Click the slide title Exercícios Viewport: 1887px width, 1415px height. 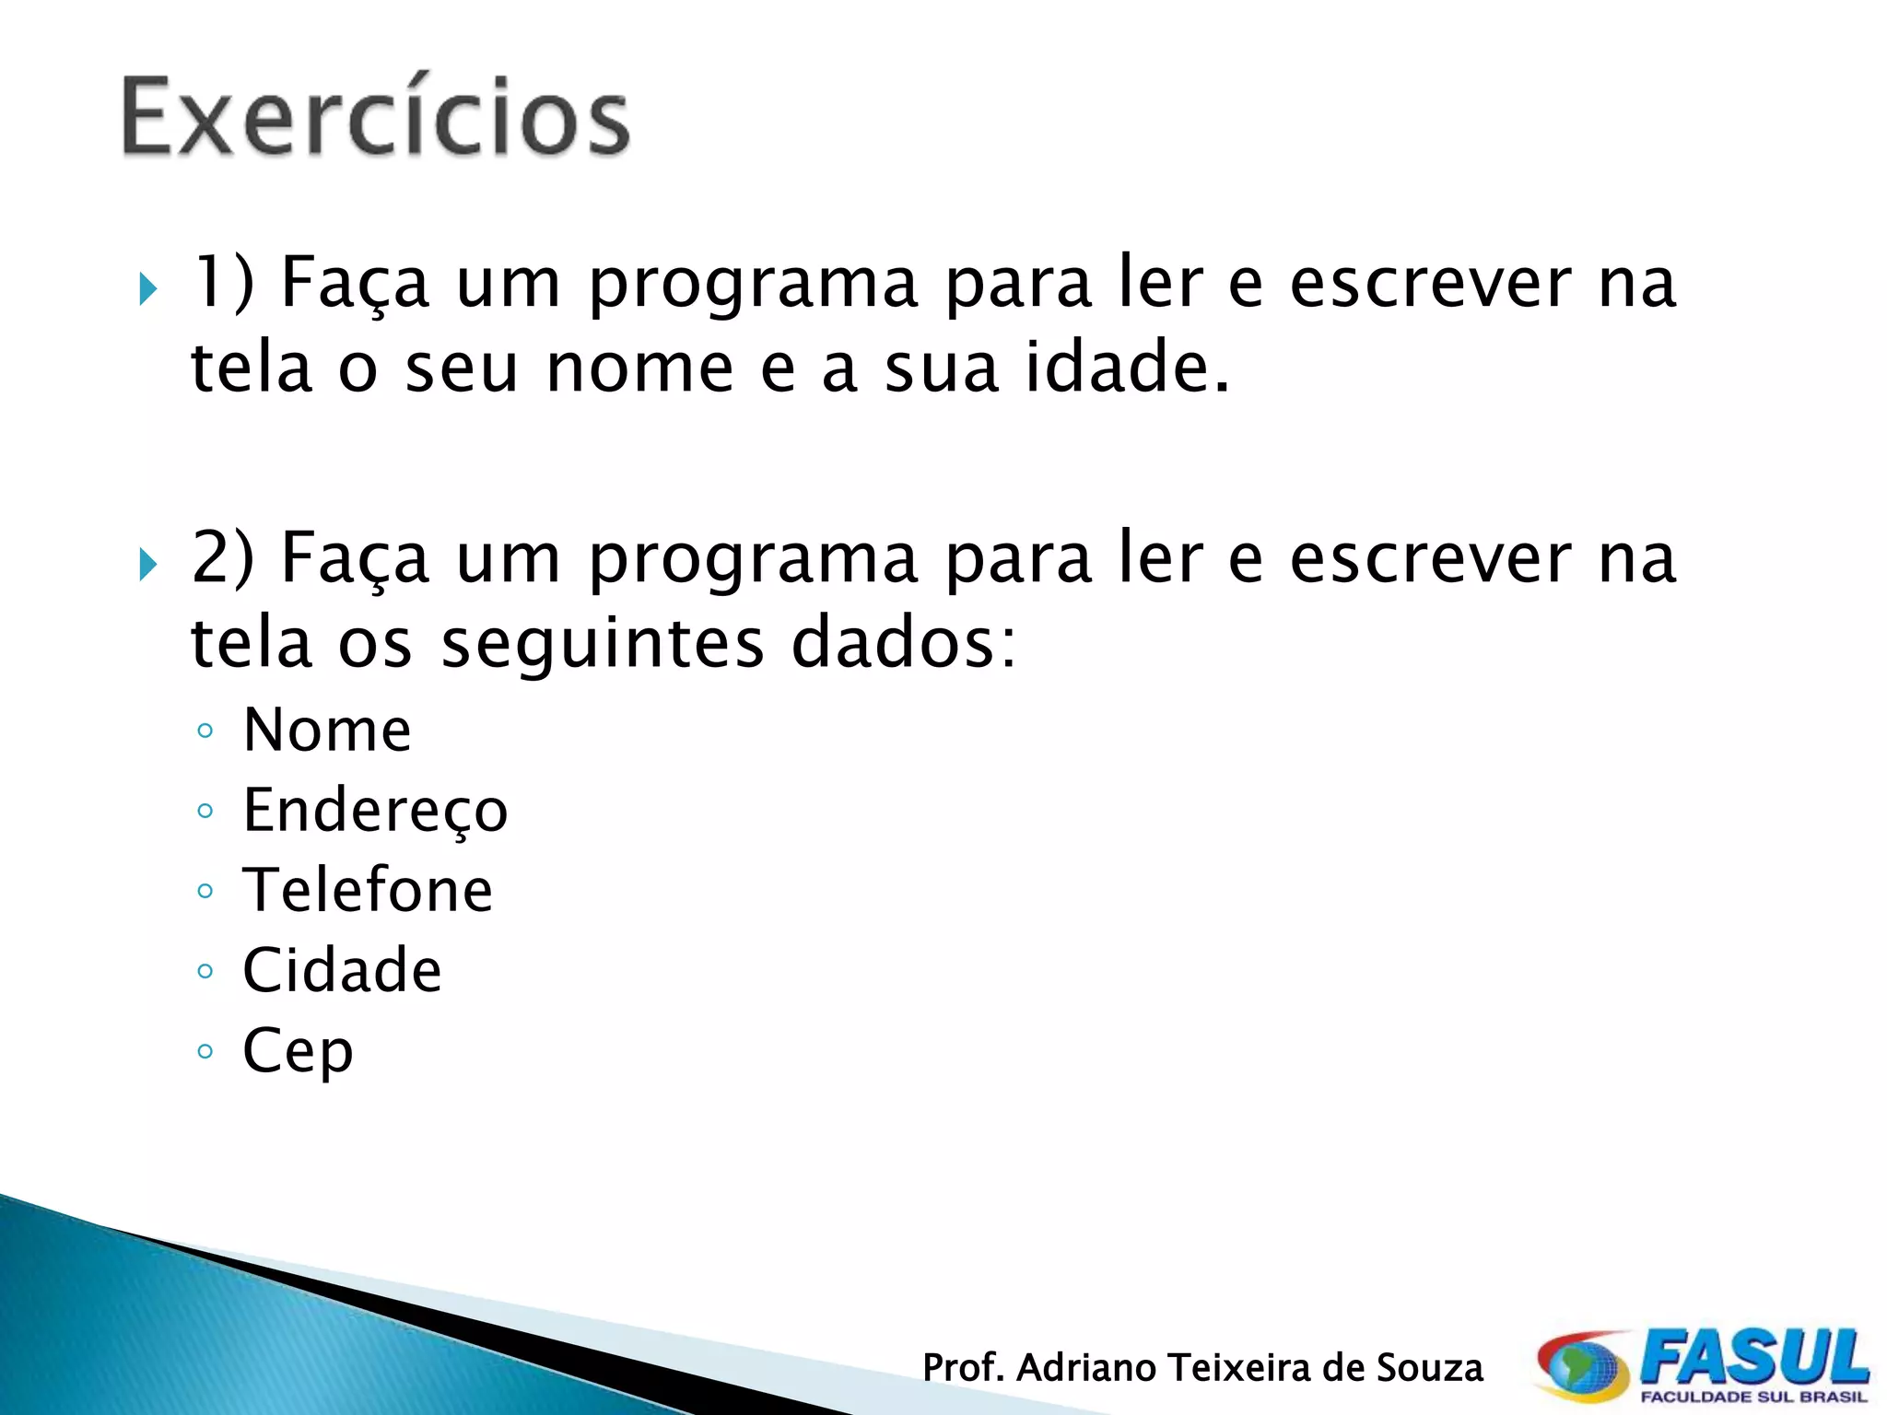(376, 118)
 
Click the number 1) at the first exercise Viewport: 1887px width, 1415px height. (222, 282)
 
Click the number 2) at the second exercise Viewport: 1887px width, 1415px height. (222, 557)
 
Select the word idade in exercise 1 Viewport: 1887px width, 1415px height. (1127, 367)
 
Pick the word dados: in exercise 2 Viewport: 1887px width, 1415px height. (904, 642)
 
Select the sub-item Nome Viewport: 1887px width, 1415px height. (327, 730)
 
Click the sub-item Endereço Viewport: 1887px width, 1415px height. (375, 811)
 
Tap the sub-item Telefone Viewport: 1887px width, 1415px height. (368, 890)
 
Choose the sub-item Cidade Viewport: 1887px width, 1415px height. (342, 970)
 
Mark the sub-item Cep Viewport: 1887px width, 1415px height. (298, 1051)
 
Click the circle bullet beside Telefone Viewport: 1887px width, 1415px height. (205, 891)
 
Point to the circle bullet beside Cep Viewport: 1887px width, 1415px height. (205, 1051)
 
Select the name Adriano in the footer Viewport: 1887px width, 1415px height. (1090, 1368)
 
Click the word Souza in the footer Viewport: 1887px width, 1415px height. (1429, 1368)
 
